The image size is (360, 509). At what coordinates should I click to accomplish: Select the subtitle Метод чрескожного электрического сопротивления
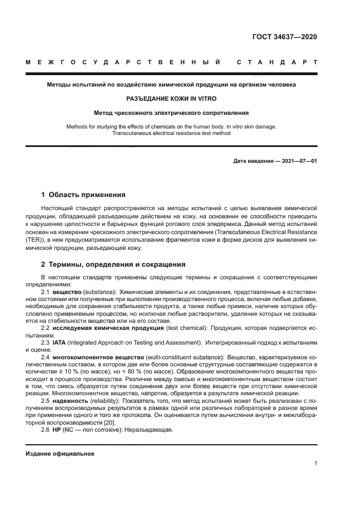pos(172,113)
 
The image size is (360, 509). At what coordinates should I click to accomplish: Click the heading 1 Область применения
pos(84,194)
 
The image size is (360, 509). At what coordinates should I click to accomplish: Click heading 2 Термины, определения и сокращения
pos(113,265)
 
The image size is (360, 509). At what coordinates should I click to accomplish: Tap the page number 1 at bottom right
pos(315,463)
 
